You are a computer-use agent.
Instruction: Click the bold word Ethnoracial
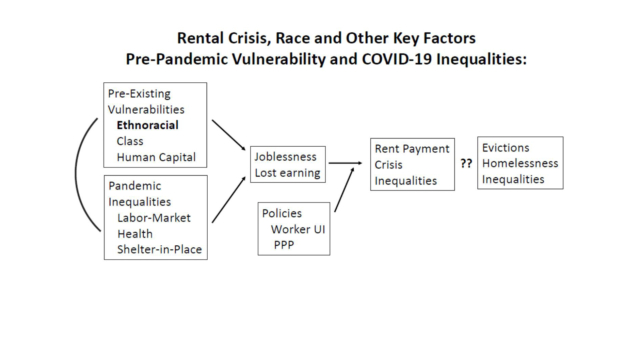coord(147,125)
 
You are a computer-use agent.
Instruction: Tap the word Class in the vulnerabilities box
coord(130,141)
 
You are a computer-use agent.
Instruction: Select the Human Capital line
coord(156,157)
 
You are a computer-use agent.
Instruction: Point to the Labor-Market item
coord(154,218)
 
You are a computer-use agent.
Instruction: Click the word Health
coord(135,234)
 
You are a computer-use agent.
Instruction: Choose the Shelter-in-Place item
coord(160,249)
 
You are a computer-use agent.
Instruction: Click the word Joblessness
coord(285,157)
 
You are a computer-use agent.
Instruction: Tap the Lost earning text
coord(287,173)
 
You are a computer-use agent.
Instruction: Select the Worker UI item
coord(298,229)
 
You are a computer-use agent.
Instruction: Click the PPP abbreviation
coord(284,245)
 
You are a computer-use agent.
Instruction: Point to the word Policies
coord(282,213)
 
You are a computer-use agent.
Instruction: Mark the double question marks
coord(466,163)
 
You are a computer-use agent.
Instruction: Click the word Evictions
coord(505,148)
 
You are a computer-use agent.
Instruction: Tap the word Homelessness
coord(520,163)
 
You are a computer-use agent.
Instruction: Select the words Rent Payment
coord(412,149)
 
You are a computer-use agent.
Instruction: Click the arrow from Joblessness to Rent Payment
coord(345,163)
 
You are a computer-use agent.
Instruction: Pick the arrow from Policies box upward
coord(344,189)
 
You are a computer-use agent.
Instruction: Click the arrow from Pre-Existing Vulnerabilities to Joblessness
coord(229,135)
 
